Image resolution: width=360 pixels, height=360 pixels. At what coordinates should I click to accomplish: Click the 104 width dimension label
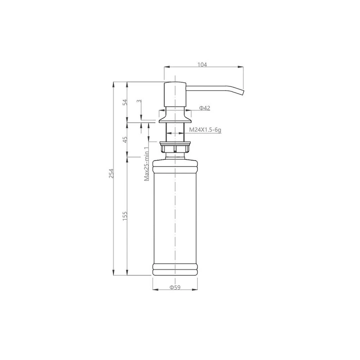coord(202,64)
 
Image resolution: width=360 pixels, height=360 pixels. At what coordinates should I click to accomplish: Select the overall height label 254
coord(111,173)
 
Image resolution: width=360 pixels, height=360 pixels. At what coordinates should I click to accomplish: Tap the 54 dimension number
coord(125,102)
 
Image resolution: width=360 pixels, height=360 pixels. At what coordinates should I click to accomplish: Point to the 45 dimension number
coord(125,139)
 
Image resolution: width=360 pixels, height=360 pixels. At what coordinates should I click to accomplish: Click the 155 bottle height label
coord(125,216)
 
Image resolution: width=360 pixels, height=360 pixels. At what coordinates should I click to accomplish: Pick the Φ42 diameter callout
coord(205,108)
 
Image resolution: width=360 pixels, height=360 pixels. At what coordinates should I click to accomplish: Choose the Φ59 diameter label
coord(175,287)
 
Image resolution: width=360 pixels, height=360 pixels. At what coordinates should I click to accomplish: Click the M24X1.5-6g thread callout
coord(205,130)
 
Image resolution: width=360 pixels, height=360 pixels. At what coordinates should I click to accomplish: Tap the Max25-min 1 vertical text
coord(147,164)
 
